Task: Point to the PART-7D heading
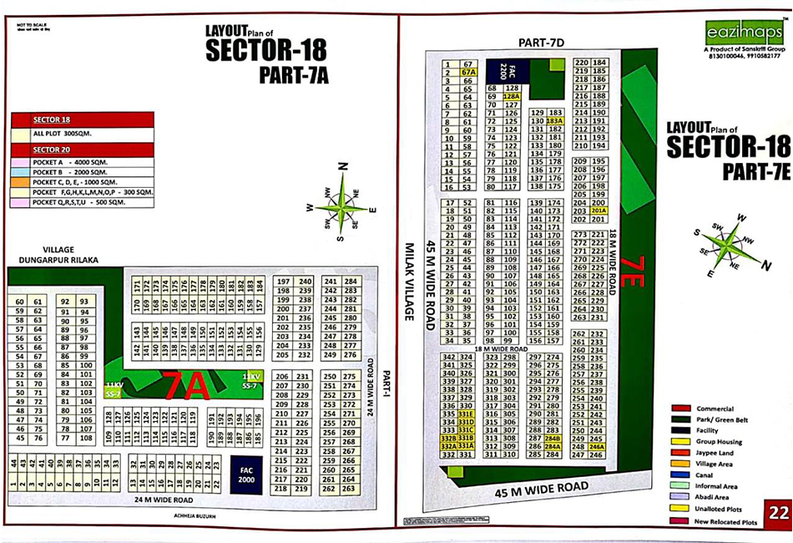tap(542, 42)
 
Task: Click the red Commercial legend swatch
tap(679, 409)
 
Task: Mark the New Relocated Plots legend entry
tap(721, 522)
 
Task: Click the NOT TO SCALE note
tap(27, 27)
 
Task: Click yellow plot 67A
tap(468, 73)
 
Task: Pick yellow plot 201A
tap(598, 211)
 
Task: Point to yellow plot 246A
tap(597, 447)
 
